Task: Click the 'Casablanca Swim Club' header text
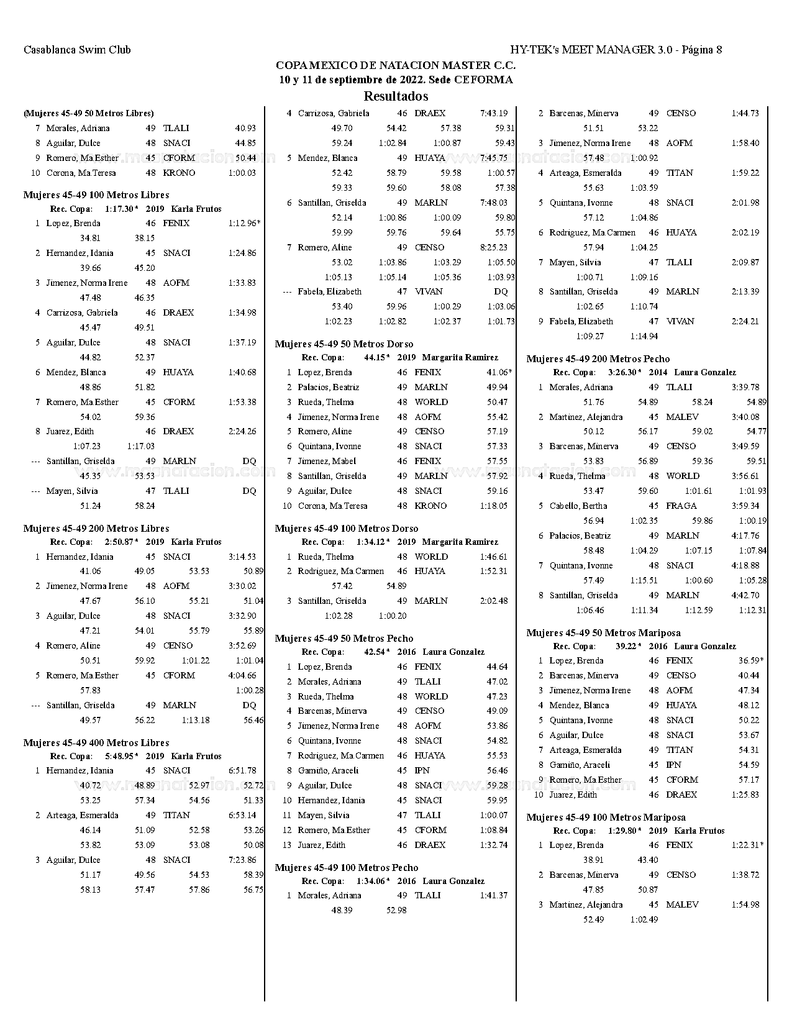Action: (x=77, y=50)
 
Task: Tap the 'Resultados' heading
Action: (x=396, y=96)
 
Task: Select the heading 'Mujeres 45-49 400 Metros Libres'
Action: (x=96, y=743)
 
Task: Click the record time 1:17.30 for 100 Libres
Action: (x=119, y=209)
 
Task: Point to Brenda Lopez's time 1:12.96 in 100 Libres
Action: (x=243, y=223)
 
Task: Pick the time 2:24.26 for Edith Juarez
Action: (x=242, y=431)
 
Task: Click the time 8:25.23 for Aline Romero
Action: (x=494, y=247)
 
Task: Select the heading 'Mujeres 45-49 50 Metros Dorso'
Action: (x=344, y=344)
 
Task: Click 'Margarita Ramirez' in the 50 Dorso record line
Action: (x=460, y=358)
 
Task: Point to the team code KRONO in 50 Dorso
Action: (x=430, y=506)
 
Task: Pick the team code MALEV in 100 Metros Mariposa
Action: (x=682, y=904)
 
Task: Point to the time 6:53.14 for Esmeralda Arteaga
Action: (x=242, y=815)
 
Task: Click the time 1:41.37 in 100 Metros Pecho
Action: (x=494, y=895)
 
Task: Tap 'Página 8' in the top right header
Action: (x=702, y=50)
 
